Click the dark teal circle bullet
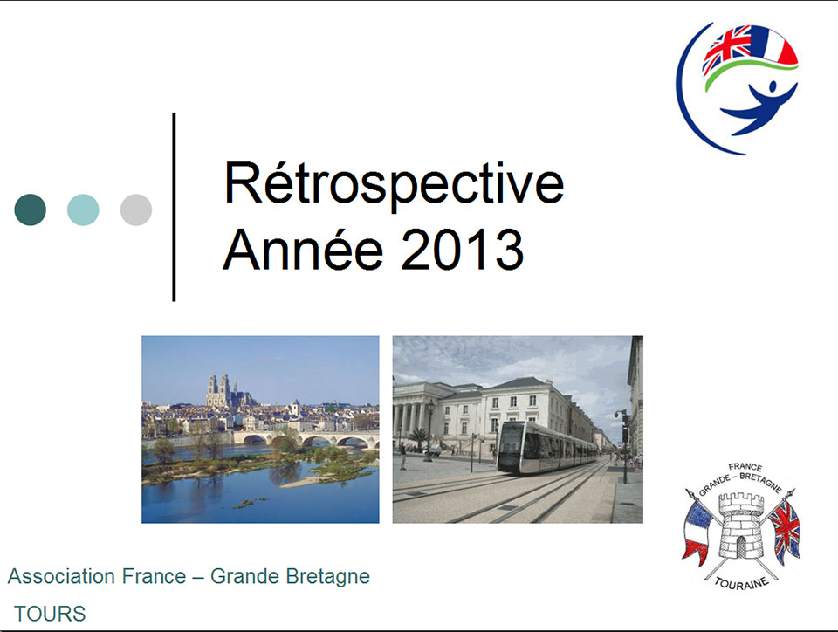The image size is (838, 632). tap(31, 210)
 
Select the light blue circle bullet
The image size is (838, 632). tap(83, 210)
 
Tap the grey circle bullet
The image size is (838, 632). tap(136, 210)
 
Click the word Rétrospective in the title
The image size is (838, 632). tap(394, 184)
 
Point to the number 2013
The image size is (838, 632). tap(463, 250)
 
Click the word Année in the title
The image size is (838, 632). tap(303, 249)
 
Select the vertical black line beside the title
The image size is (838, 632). tap(174, 207)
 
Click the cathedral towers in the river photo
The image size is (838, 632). tap(218, 390)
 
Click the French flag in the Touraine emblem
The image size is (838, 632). tap(697, 532)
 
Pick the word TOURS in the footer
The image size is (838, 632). tap(50, 614)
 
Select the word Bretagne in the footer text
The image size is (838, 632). tap(327, 577)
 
